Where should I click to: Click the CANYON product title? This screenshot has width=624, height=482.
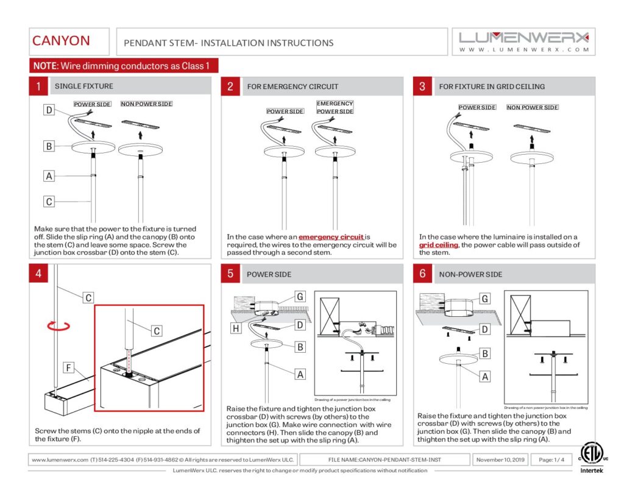pos(61,41)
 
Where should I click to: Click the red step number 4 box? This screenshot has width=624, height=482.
pos(38,274)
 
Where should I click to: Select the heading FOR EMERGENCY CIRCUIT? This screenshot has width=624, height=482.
pos(292,87)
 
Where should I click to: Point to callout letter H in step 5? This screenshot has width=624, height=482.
pos(235,328)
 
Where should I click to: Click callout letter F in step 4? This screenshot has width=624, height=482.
pos(69,367)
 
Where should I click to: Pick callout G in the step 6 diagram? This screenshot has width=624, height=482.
pos(485,299)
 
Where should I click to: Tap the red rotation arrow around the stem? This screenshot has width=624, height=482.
pos(54,327)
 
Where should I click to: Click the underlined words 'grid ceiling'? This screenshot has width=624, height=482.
pos(438,245)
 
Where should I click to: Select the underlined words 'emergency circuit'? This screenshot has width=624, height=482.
pos(331,237)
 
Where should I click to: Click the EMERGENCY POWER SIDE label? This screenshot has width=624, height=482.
pos(335,108)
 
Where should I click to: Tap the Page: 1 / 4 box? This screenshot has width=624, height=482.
pos(550,459)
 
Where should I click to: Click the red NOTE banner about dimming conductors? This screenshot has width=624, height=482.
pos(124,66)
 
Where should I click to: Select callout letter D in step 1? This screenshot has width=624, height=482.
pos(49,110)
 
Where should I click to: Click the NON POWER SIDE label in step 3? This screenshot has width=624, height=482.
pos(533,108)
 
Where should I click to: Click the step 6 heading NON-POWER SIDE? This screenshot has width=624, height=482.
pos(470,274)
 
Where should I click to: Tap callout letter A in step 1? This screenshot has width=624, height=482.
pos(49,176)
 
